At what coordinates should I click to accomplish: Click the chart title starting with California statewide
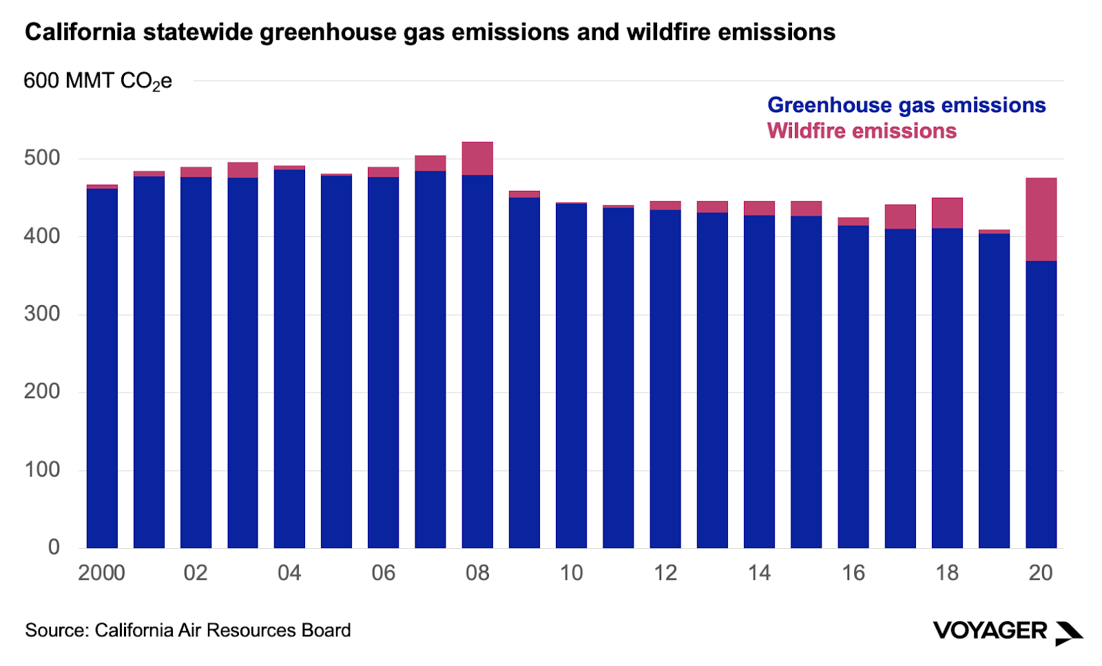click(430, 32)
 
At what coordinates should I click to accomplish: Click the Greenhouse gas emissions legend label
click(906, 105)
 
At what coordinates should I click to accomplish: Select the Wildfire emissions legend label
click(862, 131)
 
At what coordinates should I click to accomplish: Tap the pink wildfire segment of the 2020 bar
click(1041, 219)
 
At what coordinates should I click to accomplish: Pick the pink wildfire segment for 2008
click(477, 158)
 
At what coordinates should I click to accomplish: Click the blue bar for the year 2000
click(102, 368)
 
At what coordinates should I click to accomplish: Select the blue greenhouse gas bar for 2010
click(571, 375)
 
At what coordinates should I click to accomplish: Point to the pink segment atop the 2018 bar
click(947, 213)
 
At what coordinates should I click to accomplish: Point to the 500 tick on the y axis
click(42, 158)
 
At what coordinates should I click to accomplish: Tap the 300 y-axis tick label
click(42, 314)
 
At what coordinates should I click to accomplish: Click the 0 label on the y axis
click(54, 548)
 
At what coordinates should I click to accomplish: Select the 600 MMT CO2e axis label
click(97, 81)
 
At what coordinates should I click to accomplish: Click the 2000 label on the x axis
click(101, 573)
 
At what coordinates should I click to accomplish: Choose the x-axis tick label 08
click(477, 573)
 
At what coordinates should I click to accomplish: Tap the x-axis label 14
click(759, 573)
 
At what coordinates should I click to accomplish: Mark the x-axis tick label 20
click(1041, 573)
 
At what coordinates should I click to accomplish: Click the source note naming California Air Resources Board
click(188, 630)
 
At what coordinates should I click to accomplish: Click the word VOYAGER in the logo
click(990, 630)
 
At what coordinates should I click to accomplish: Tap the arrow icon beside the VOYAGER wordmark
click(1070, 632)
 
